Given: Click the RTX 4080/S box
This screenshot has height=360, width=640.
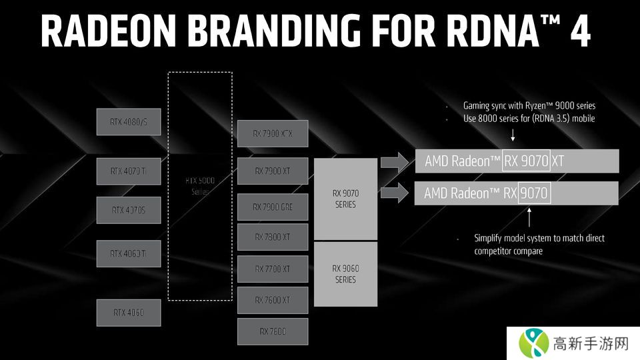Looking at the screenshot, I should coord(129,121).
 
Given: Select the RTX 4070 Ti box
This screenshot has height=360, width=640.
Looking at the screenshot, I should coord(129,171).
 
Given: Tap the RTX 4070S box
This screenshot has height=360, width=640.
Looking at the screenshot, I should coord(129,210).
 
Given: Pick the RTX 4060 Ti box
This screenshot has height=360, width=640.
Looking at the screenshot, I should coord(129,253).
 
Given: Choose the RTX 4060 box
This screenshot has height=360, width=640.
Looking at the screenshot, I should coord(129,312).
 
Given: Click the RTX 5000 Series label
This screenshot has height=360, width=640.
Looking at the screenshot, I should coord(199,185).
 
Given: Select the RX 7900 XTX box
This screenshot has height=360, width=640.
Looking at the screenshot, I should coord(272,133).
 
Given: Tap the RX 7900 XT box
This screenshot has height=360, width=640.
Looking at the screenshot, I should coord(272,171).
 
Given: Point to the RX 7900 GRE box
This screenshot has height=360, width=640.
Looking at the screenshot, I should coord(272,207).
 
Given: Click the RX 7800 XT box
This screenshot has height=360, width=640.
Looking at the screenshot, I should coord(272,237).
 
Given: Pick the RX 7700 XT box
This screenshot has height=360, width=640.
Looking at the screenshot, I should coord(272,269).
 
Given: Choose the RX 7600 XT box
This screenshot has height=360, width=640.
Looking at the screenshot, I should coord(272,300).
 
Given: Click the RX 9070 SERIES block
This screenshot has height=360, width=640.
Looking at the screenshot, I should coord(345,199).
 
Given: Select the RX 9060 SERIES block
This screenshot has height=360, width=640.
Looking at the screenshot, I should coord(345,274).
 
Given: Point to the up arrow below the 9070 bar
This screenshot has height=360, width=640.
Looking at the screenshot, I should coord(529,217).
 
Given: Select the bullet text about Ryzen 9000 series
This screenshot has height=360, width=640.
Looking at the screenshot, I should coord(529,105).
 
